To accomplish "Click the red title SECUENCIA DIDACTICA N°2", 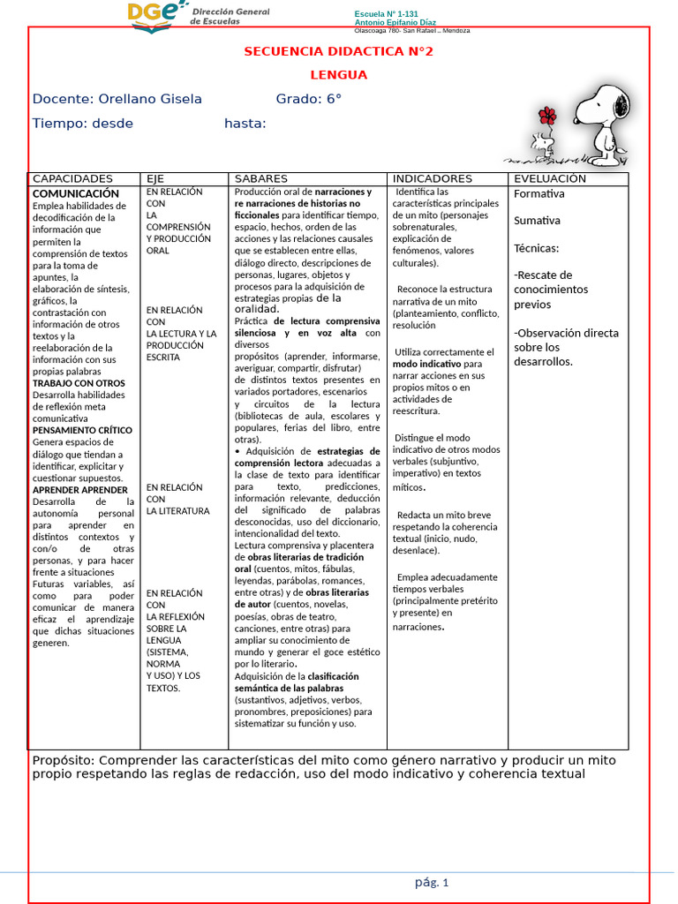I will (339, 51).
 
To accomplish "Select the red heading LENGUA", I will (339, 75).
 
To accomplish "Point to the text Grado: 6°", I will (308, 99).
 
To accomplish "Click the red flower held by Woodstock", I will (547, 116).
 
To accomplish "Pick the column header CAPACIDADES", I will (72, 178).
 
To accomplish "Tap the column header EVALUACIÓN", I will (550, 178).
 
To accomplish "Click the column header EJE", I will (155, 178).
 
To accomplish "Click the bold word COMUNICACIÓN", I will (76, 193).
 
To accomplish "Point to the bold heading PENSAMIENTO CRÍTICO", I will (82, 430).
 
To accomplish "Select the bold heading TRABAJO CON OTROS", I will (79, 383).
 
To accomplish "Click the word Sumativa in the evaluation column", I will (537, 220).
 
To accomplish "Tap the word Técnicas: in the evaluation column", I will (537, 248).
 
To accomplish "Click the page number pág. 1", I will (432, 882).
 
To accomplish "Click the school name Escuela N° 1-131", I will (385, 15).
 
